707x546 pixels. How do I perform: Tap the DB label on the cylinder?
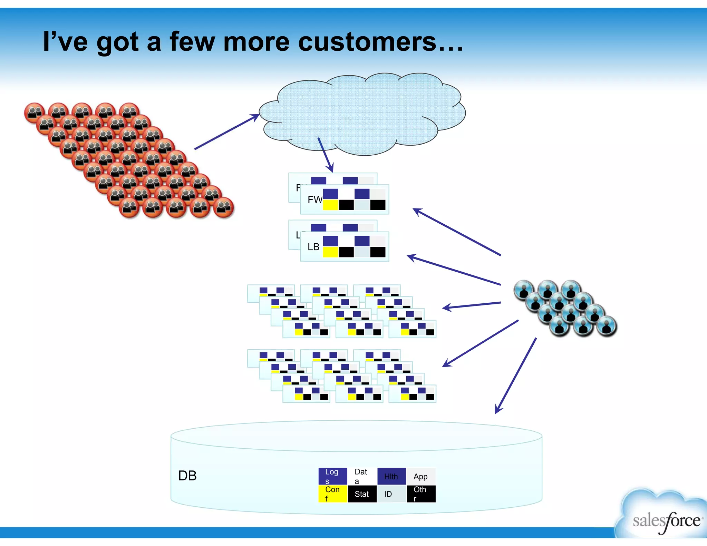187,476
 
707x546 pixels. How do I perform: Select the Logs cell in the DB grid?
332,476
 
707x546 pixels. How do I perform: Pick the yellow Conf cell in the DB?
332,494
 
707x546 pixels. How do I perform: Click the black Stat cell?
362,494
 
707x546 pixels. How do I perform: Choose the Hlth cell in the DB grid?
391,476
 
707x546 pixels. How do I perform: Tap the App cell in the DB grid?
420,476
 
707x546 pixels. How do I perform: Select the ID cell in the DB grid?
391,494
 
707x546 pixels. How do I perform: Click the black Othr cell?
420,494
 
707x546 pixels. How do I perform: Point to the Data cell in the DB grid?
361,476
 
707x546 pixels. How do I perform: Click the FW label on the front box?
314,199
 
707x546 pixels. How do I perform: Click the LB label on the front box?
313,247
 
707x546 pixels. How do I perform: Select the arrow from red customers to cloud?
226,132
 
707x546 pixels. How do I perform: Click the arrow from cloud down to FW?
325,155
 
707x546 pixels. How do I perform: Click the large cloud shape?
362,114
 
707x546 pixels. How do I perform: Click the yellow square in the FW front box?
330,205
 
